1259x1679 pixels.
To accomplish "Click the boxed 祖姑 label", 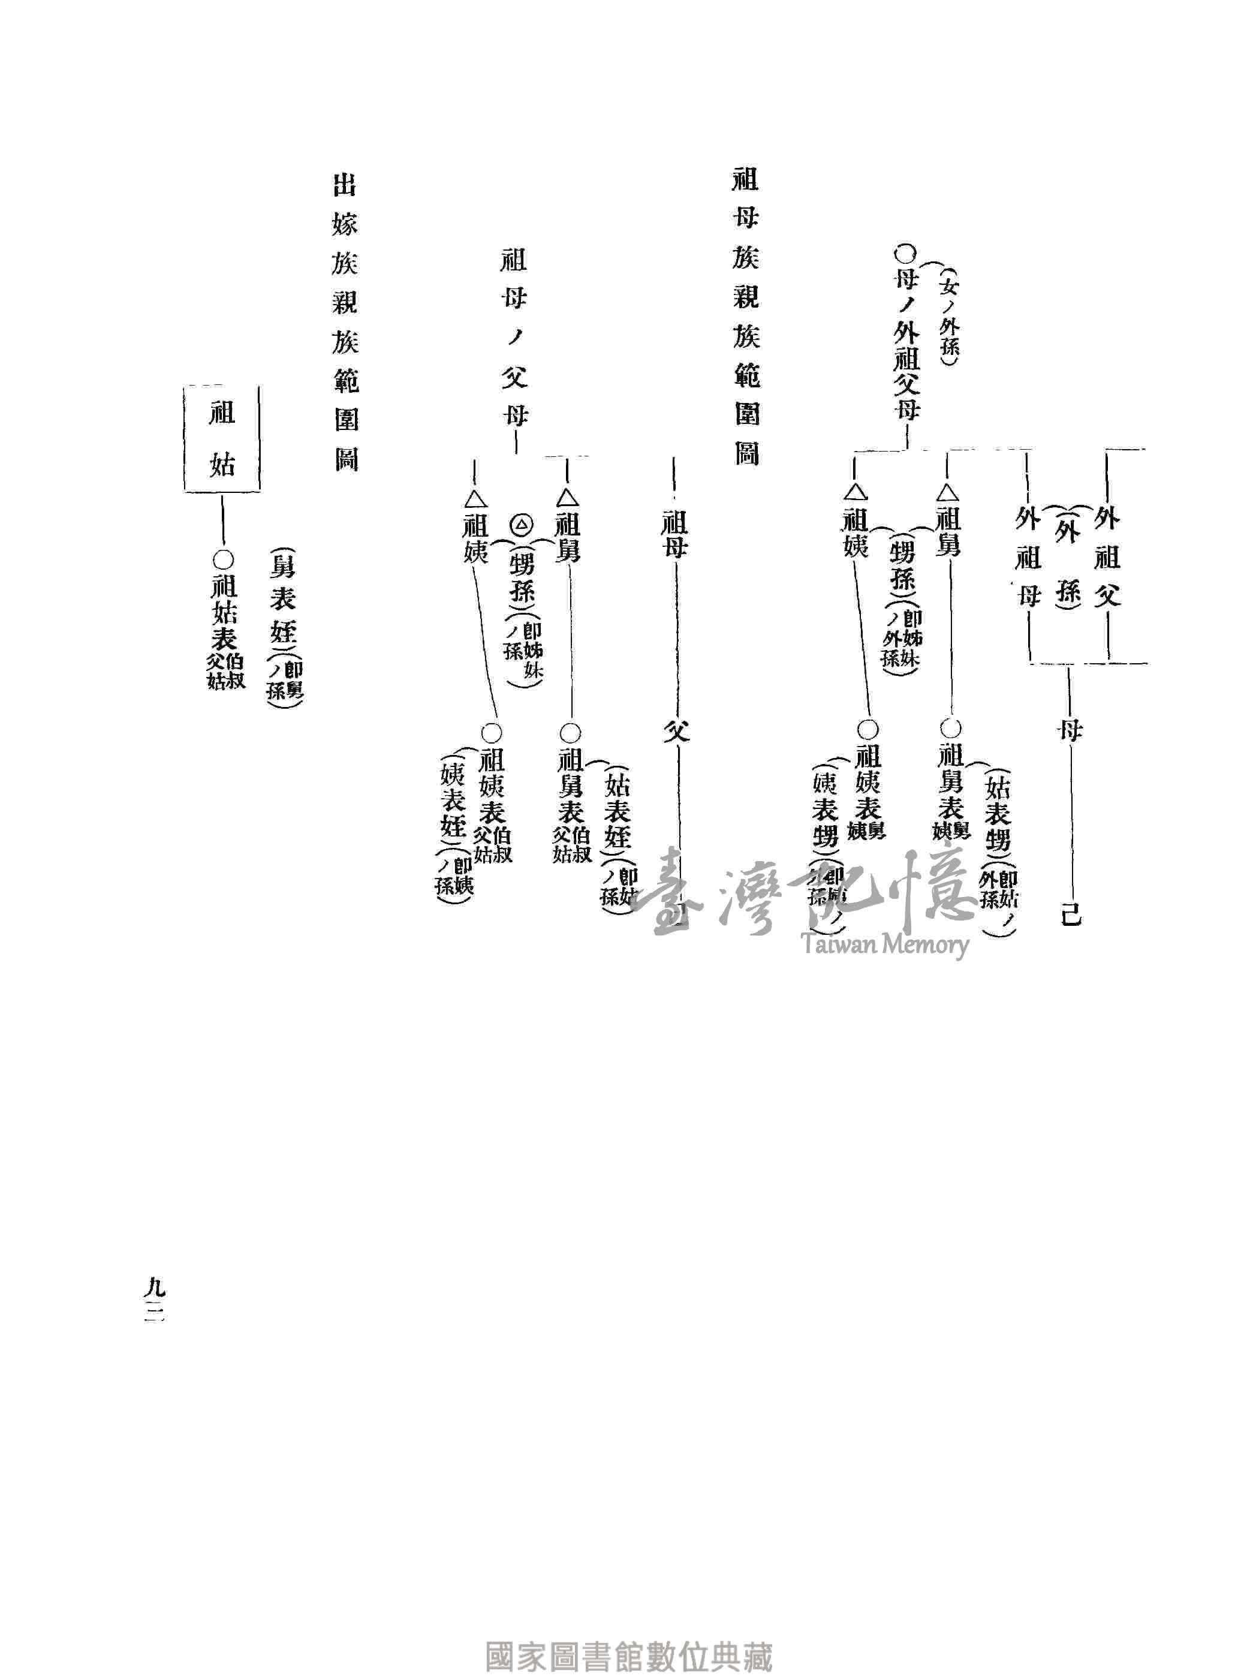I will (222, 439).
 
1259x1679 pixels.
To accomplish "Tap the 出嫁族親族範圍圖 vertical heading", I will (345, 323).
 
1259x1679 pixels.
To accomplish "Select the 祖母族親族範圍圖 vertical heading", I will (745, 317).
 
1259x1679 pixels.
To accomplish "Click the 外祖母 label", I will (1028, 557).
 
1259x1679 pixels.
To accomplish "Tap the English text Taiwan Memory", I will (885, 944).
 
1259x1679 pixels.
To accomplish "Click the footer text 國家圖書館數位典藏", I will (628, 1654).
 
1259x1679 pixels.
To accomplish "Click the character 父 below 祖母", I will (676, 731).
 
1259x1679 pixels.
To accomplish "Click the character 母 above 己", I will (1070, 731).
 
